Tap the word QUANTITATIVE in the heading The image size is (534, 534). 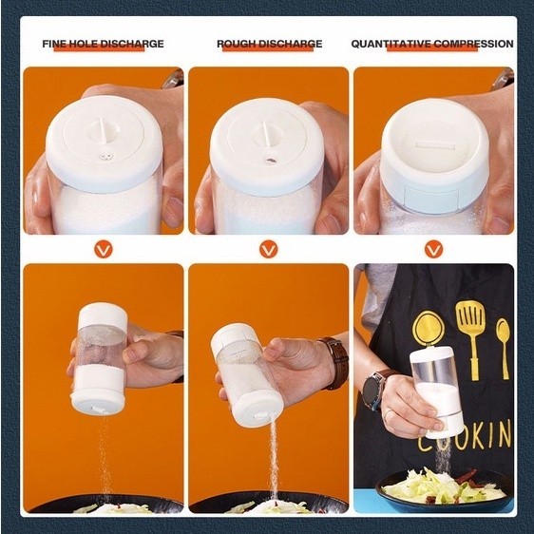pos(391,44)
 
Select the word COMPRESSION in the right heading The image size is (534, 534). pos(474,44)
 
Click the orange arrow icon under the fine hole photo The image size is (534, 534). pos(104,249)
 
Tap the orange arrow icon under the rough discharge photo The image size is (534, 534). pos(268,249)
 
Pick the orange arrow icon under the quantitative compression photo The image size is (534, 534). pos(433,249)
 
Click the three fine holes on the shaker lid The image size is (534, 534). pos(105,158)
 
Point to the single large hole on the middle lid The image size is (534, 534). pos(271,160)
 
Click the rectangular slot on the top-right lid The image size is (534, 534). pos(435,146)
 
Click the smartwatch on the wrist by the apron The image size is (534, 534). pos(373,389)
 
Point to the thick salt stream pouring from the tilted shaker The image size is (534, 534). pos(274,458)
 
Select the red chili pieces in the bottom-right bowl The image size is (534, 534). pos(466,476)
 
